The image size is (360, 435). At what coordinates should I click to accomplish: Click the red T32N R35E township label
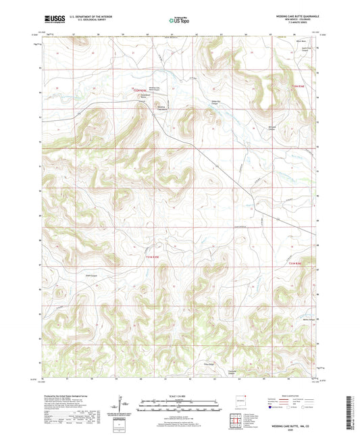coord(140,88)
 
